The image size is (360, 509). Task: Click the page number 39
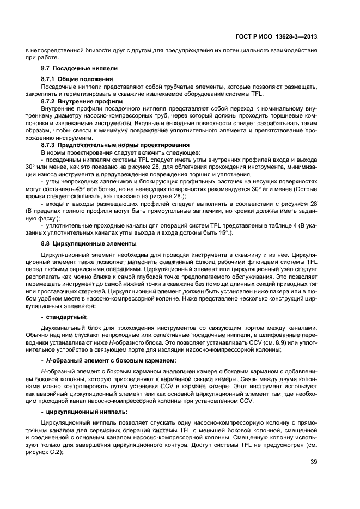click(x=314, y=463)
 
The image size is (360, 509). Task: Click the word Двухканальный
click(x=62, y=328)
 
